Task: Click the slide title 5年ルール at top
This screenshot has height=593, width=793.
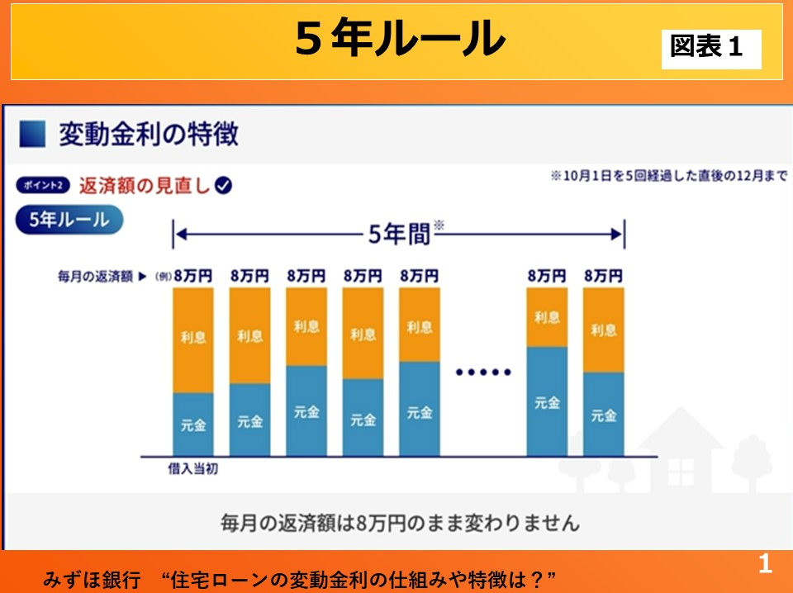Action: [x=400, y=39]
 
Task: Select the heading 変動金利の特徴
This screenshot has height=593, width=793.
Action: [x=148, y=134]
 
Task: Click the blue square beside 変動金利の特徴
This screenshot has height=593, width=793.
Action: [x=31, y=134]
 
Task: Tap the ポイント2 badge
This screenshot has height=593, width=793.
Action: [x=42, y=186]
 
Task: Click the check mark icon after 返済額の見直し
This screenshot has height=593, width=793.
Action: [x=223, y=186]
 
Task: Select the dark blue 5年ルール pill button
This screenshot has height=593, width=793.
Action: [x=69, y=221]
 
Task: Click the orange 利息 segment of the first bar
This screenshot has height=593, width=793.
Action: [x=193, y=339]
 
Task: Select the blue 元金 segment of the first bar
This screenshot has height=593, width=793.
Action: [x=193, y=425]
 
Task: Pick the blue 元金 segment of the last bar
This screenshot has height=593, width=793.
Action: [x=603, y=414]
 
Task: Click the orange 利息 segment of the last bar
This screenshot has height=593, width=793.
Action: [x=603, y=330]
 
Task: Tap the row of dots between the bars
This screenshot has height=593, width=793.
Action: [x=484, y=372]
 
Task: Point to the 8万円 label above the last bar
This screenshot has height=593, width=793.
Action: [x=603, y=277]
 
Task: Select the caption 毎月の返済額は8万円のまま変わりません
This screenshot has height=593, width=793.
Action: [x=400, y=522]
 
